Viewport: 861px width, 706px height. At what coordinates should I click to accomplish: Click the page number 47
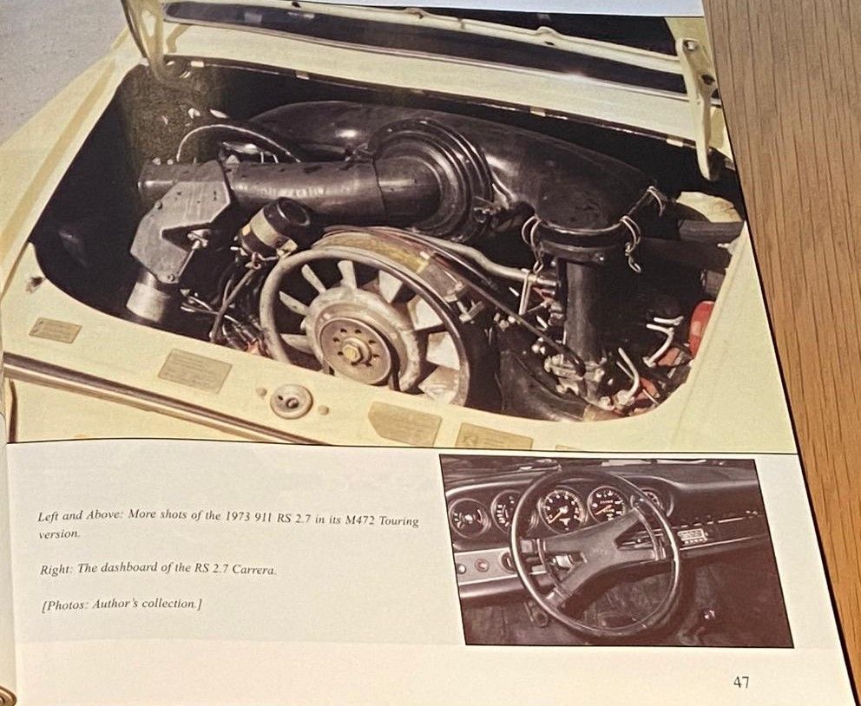coord(740,682)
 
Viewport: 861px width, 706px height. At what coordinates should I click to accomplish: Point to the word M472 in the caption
coord(358,520)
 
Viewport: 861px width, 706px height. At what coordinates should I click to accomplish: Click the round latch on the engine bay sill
coord(291,402)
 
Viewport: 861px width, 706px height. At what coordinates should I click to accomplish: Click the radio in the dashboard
coord(692,536)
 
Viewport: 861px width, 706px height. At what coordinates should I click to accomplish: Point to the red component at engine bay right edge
coord(702,327)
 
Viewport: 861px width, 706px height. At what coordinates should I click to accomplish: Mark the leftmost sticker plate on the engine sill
coord(55,330)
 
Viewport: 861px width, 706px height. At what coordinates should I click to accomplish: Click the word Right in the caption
coord(56,570)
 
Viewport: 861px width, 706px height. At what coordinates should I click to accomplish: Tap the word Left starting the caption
coord(49,516)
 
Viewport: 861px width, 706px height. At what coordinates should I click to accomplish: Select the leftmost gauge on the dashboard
coord(470,518)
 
